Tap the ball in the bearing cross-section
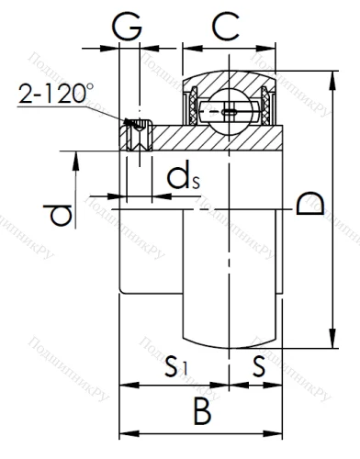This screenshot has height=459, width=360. click(x=226, y=112)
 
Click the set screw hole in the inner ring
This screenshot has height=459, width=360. click(x=137, y=138)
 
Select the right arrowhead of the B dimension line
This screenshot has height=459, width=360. click(x=277, y=430)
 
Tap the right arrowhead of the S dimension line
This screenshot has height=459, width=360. click(x=277, y=386)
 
